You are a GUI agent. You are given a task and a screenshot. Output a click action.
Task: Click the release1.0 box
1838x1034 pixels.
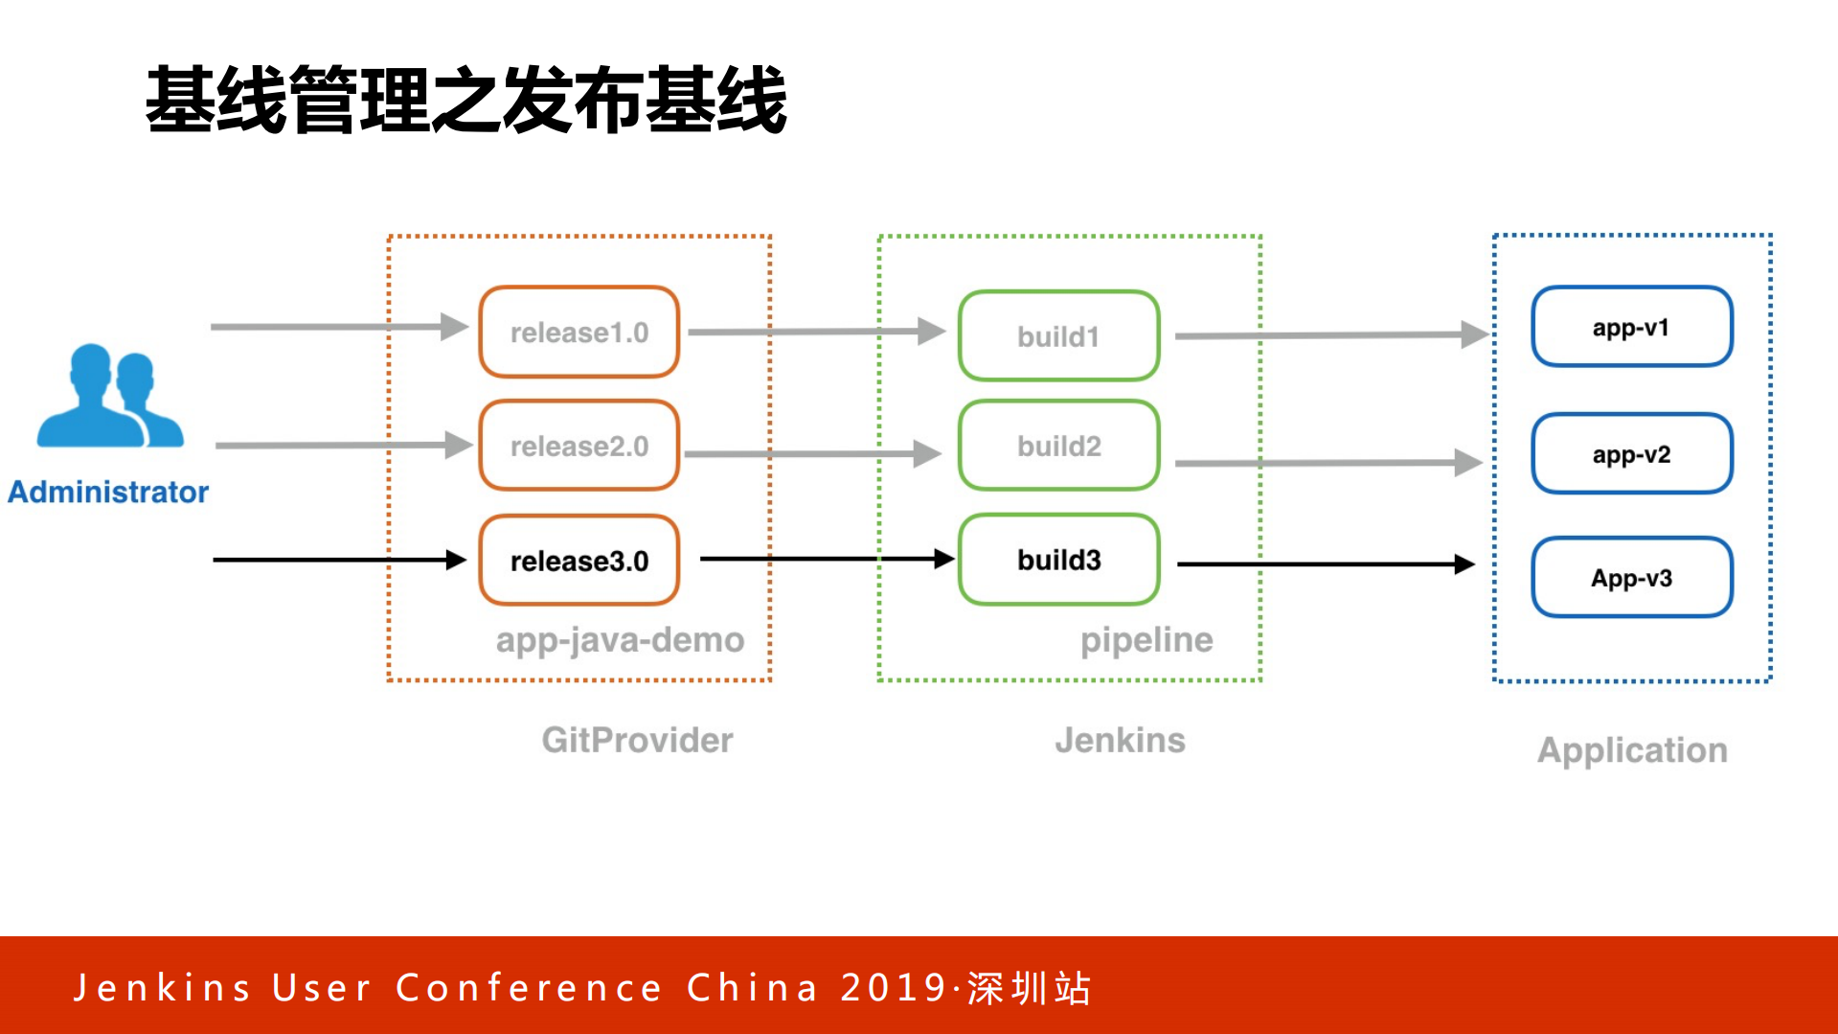tap(579, 333)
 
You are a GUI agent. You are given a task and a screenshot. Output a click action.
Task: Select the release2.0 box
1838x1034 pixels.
tap(579, 447)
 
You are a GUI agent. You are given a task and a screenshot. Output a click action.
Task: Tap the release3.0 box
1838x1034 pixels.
tap(579, 561)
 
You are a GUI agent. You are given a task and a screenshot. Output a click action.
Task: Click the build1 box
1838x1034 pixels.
tap(1058, 336)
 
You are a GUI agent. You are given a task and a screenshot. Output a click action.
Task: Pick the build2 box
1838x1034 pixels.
tap(1058, 447)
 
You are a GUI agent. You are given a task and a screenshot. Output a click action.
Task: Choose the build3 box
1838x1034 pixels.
tap(1058, 560)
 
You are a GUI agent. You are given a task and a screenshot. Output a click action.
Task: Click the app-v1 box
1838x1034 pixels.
tap(1631, 328)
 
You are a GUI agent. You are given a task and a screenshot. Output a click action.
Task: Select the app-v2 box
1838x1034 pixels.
tap(1631, 454)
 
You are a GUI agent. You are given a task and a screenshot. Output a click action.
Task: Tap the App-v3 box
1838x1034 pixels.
tap(1631, 578)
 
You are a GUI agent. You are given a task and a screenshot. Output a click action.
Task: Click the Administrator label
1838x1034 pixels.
tap(108, 493)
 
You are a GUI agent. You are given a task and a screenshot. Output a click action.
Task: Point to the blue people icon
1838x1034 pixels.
tap(108, 397)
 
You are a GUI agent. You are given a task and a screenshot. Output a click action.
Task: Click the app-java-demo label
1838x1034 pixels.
tap(620, 640)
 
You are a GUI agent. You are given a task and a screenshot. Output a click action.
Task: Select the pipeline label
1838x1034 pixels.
tap(1146, 640)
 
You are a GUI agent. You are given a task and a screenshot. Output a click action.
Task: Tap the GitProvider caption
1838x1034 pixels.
tap(637, 741)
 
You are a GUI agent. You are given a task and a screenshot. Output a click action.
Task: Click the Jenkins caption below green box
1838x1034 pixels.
tap(1120, 741)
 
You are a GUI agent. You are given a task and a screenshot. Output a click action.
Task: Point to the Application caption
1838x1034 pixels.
tap(1632, 750)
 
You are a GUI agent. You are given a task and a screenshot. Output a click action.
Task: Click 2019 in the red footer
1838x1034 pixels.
tap(894, 988)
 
